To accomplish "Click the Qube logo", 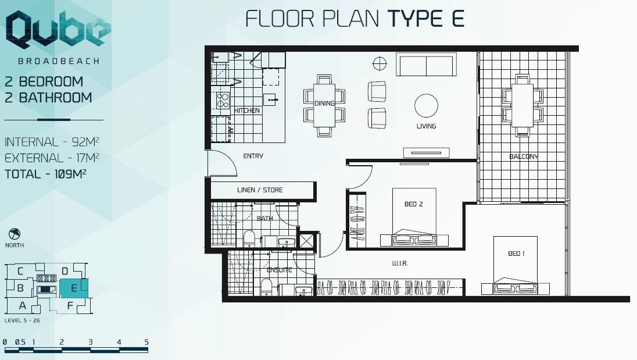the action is coord(58,30).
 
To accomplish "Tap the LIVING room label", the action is coord(426,126).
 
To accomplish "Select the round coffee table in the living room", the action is coord(426,106).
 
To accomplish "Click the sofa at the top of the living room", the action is coord(426,65).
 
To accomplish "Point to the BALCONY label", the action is coord(524,156).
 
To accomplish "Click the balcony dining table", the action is coord(523,105).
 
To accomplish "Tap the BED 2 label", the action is coord(414,204).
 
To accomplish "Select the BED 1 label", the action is coord(516,254).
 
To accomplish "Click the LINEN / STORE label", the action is coord(260,190).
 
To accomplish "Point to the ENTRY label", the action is coord(253,156).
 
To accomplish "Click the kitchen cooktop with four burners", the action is coord(222,100).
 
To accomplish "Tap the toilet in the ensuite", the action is coord(267,287).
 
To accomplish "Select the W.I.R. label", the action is coord(400,263).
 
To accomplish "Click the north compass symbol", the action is coord(14,234).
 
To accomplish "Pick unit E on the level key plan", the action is coord(74,288).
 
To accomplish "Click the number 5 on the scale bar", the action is coord(146,342).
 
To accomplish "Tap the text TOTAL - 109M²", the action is coord(45,174).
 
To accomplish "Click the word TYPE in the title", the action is coord(414,19).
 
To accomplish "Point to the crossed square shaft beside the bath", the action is coord(307,240).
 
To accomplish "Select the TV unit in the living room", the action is coord(426,153).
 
